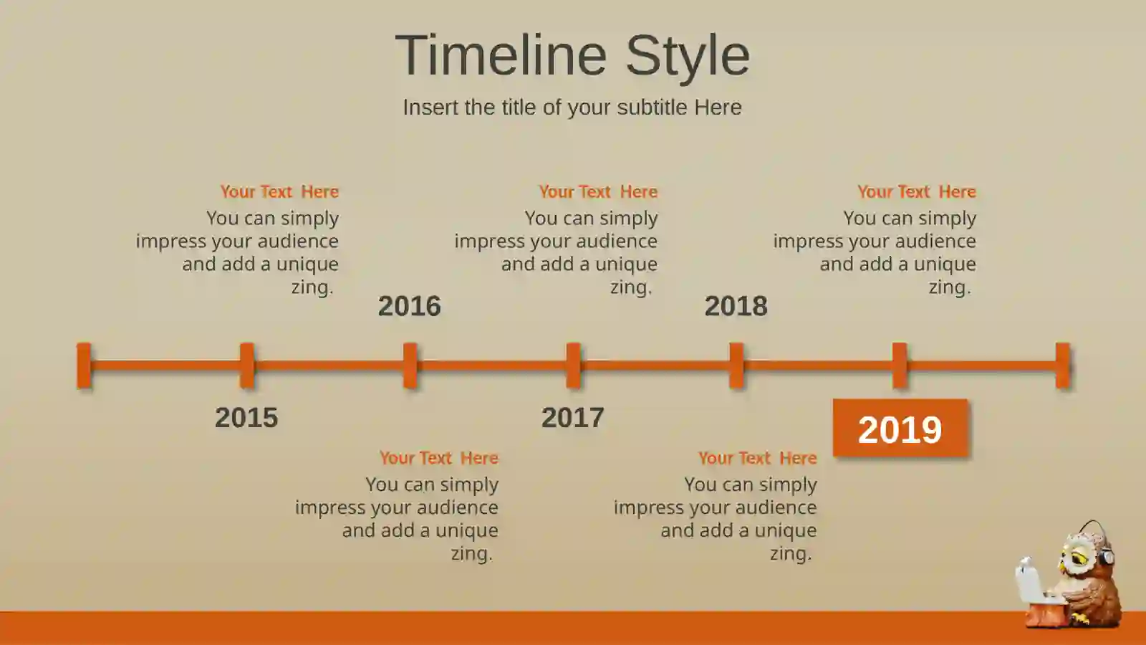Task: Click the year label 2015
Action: tap(246, 417)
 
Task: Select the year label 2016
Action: tap(409, 305)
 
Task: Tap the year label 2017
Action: tap(572, 417)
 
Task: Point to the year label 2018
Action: tap(736, 305)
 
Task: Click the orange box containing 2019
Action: tap(900, 428)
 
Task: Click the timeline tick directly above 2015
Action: tap(246, 365)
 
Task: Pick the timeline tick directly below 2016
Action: tap(410, 365)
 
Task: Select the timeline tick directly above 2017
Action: tap(573, 365)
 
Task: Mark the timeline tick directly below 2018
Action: tap(736, 365)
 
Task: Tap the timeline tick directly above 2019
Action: tap(900, 365)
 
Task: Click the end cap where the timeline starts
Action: tap(84, 365)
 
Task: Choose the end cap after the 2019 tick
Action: tap(1063, 365)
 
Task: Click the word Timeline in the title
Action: tap(501, 54)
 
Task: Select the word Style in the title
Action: tap(688, 57)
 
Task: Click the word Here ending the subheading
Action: tap(718, 107)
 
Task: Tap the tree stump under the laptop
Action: tap(1046, 612)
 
